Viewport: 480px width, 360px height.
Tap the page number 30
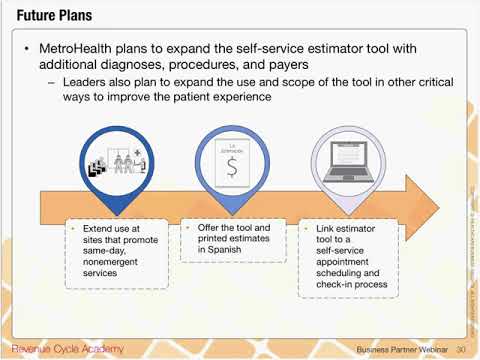click(461, 349)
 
